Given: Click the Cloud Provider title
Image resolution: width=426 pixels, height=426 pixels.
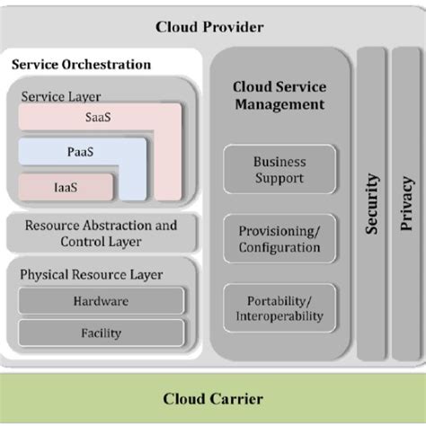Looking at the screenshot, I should tap(209, 27).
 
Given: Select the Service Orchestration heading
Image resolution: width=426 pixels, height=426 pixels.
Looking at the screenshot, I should tap(81, 65).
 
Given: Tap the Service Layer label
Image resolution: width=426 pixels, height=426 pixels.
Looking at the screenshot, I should tap(60, 96).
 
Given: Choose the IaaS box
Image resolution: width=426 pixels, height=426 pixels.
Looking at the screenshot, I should tap(65, 187).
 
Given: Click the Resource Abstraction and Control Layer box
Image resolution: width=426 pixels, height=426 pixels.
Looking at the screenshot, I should tap(101, 234).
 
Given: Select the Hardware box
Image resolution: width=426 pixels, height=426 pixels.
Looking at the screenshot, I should tap(101, 301).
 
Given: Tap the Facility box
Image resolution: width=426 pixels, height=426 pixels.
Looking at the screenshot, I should tap(101, 332).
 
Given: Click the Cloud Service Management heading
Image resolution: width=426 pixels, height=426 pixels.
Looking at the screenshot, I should tap(279, 96).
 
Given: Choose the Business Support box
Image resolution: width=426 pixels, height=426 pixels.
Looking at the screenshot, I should tap(279, 171).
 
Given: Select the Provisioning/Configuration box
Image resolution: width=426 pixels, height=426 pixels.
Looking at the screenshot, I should tap(279, 240).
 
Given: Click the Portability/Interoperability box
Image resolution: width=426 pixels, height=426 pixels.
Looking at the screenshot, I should tap(279, 308).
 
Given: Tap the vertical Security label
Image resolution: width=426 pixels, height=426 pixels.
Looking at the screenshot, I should tap(372, 205).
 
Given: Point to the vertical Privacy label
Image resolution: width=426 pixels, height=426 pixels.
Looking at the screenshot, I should tap(404, 205).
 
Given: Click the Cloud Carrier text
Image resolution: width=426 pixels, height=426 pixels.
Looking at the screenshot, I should tap(212, 398).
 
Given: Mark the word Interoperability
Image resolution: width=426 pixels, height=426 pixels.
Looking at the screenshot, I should tap(279, 316).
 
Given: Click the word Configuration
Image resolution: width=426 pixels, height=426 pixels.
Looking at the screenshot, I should tap(279, 248).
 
